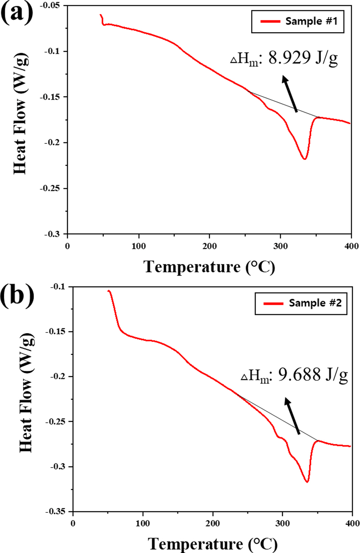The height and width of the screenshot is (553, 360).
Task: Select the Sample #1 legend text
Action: pos(311,21)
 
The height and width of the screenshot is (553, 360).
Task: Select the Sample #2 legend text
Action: pos(315,303)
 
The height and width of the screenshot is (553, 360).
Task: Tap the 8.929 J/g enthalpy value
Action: pos(303,58)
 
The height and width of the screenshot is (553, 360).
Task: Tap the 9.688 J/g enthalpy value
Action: pos(313,375)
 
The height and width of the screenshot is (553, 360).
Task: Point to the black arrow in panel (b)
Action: pos(292,416)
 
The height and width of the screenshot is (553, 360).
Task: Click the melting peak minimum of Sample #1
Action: pos(304,159)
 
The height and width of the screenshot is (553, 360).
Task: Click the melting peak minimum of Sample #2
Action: pos(307,482)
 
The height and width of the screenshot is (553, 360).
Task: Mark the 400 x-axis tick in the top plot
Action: pos(352,246)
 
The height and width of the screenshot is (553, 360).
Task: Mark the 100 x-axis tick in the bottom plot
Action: pos(143,523)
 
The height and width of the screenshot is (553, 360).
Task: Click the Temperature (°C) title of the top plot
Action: pos(209,267)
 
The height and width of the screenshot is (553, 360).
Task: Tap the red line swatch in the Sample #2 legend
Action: pos(273,303)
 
